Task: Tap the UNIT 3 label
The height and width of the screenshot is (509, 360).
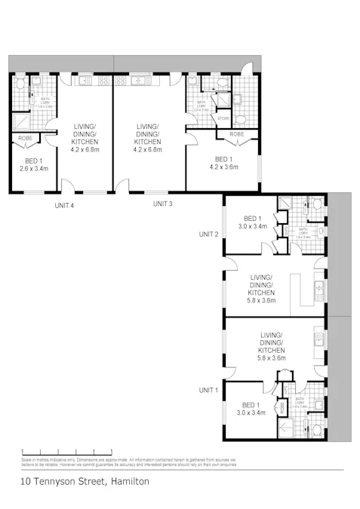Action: tap(162, 204)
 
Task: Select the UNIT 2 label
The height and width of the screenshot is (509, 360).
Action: tap(208, 235)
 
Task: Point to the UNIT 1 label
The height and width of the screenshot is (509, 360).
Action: tap(208, 390)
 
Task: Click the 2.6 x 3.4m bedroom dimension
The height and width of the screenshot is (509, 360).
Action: tap(33, 169)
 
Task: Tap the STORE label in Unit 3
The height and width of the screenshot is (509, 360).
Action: tap(223, 118)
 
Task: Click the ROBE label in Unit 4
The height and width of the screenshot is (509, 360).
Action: tap(25, 139)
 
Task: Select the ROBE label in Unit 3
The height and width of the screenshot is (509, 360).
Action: tap(237, 134)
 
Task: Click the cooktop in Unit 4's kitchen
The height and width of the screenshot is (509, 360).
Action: tap(103, 81)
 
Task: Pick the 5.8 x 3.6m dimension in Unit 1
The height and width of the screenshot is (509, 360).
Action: tap(270, 360)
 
